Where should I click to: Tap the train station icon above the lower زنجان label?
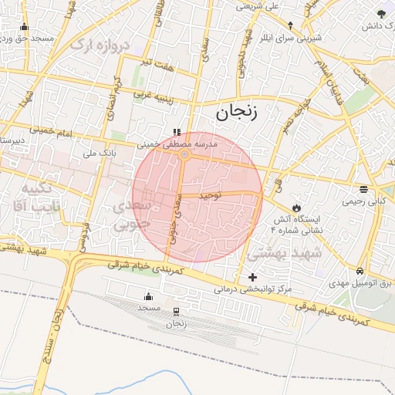tap(177, 312)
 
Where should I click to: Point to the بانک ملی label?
tap(99, 153)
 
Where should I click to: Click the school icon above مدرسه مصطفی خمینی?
tap(177, 132)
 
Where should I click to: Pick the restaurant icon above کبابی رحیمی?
tap(363, 189)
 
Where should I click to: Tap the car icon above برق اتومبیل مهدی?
tap(360, 272)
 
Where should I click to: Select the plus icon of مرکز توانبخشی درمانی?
tap(252, 277)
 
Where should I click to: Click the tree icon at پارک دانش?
tap(381, 14)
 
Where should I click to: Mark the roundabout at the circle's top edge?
tap(184, 155)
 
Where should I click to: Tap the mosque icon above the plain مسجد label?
tap(148, 297)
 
